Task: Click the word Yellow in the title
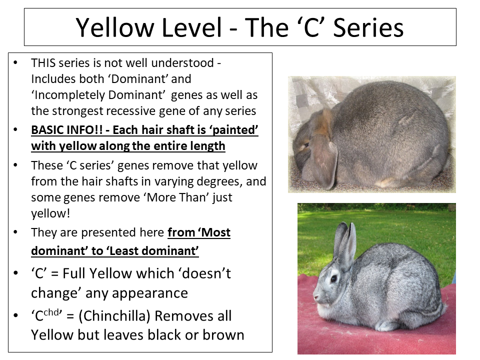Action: (115, 27)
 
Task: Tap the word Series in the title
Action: (368, 27)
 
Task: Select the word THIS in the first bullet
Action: (43, 63)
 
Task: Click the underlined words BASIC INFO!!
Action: (66, 130)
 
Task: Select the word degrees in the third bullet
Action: (218, 181)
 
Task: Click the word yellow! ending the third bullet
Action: (50, 213)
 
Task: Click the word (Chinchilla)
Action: (114, 315)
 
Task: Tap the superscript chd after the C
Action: (51, 312)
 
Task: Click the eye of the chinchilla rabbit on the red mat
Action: (334, 278)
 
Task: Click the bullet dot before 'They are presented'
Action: (15, 232)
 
